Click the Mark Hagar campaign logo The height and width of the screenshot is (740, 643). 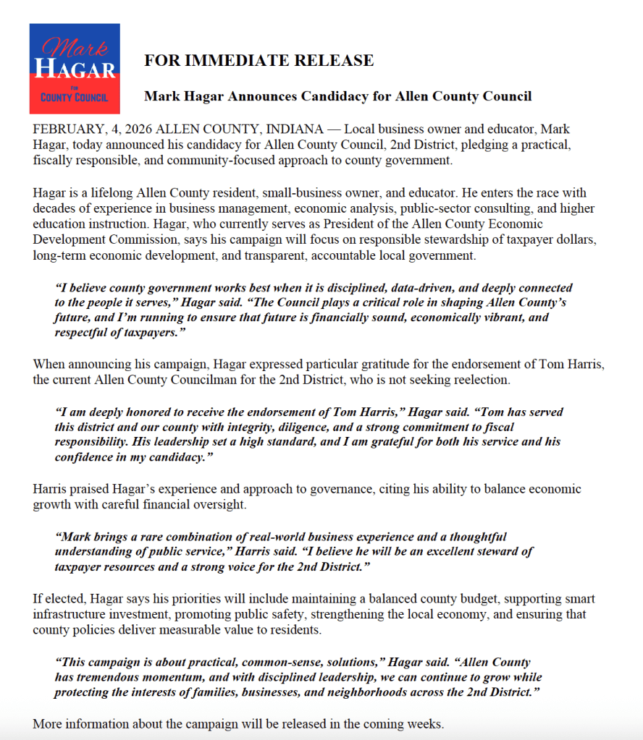tap(75, 69)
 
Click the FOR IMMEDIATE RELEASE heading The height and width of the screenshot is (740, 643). tap(259, 61)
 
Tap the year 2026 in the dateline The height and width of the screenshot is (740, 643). tap(138, 129)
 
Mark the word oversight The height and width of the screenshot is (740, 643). tap(221, 504)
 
